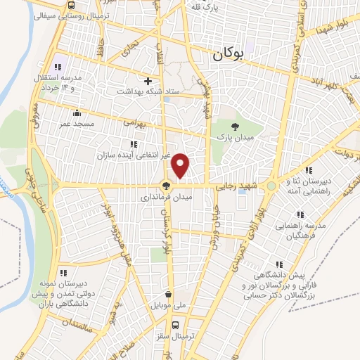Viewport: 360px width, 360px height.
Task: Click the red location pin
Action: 181,165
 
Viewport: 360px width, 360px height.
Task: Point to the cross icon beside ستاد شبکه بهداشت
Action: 147,81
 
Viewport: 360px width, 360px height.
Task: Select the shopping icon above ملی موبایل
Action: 168,295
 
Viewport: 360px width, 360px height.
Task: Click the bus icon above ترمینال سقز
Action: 176,325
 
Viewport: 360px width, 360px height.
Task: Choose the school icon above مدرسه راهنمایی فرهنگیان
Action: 300,214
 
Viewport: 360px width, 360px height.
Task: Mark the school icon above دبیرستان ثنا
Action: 307,169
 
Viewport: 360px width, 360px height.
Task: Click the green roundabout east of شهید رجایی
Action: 271,186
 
